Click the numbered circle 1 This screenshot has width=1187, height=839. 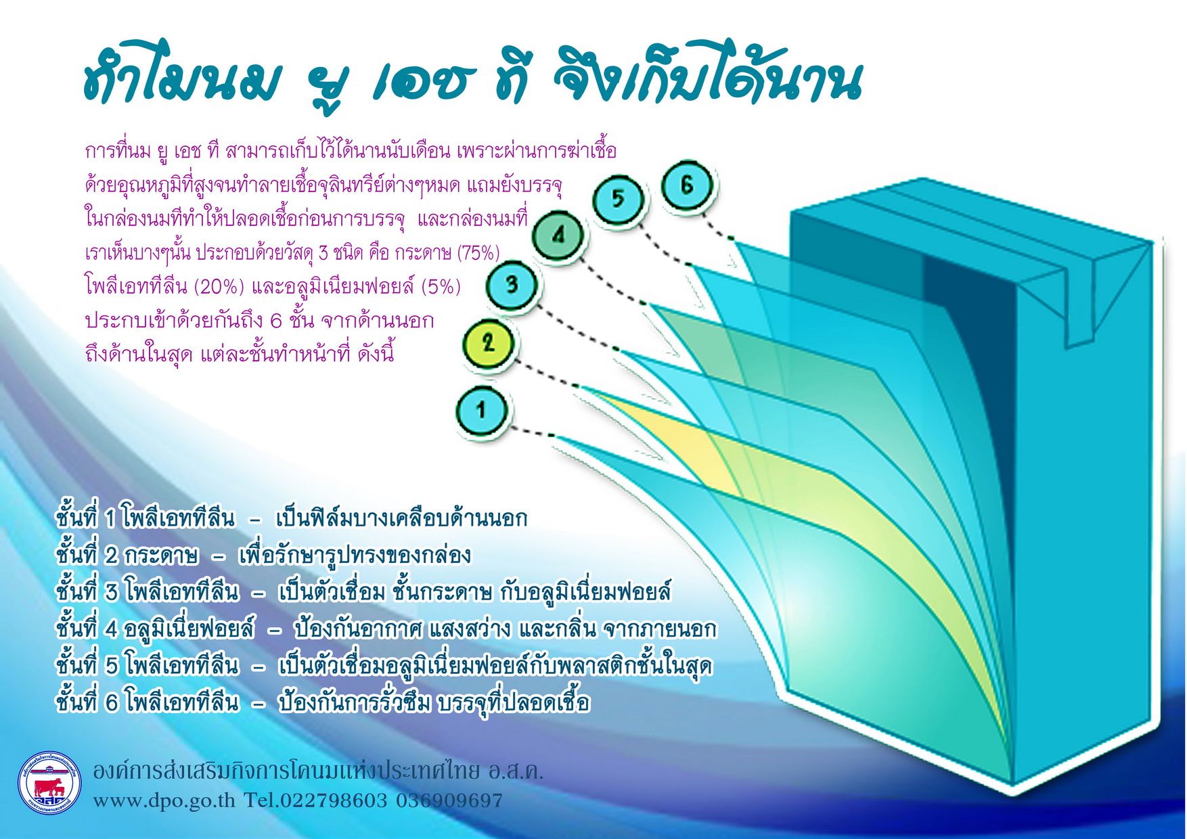pyautogui.click(x=481, y=410)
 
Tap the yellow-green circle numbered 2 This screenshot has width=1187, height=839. pyautogui.click(x=489, y=342)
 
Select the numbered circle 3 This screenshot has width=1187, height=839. pyautogui.click(x=512, y=284)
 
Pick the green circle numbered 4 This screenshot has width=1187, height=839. pyautogui.click(x=558, y=235)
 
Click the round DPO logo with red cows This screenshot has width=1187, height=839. pyautogui.click(x=49, y=784)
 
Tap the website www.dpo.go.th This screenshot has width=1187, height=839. pyautogui.click(x=164, y=801)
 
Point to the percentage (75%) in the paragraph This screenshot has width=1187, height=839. pyautogui.click(x=478, y=253)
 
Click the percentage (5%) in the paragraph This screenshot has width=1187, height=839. pyautogui.click(x=440, y=287)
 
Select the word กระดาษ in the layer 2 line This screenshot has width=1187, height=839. pyautogui.click(x=161, y=556)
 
